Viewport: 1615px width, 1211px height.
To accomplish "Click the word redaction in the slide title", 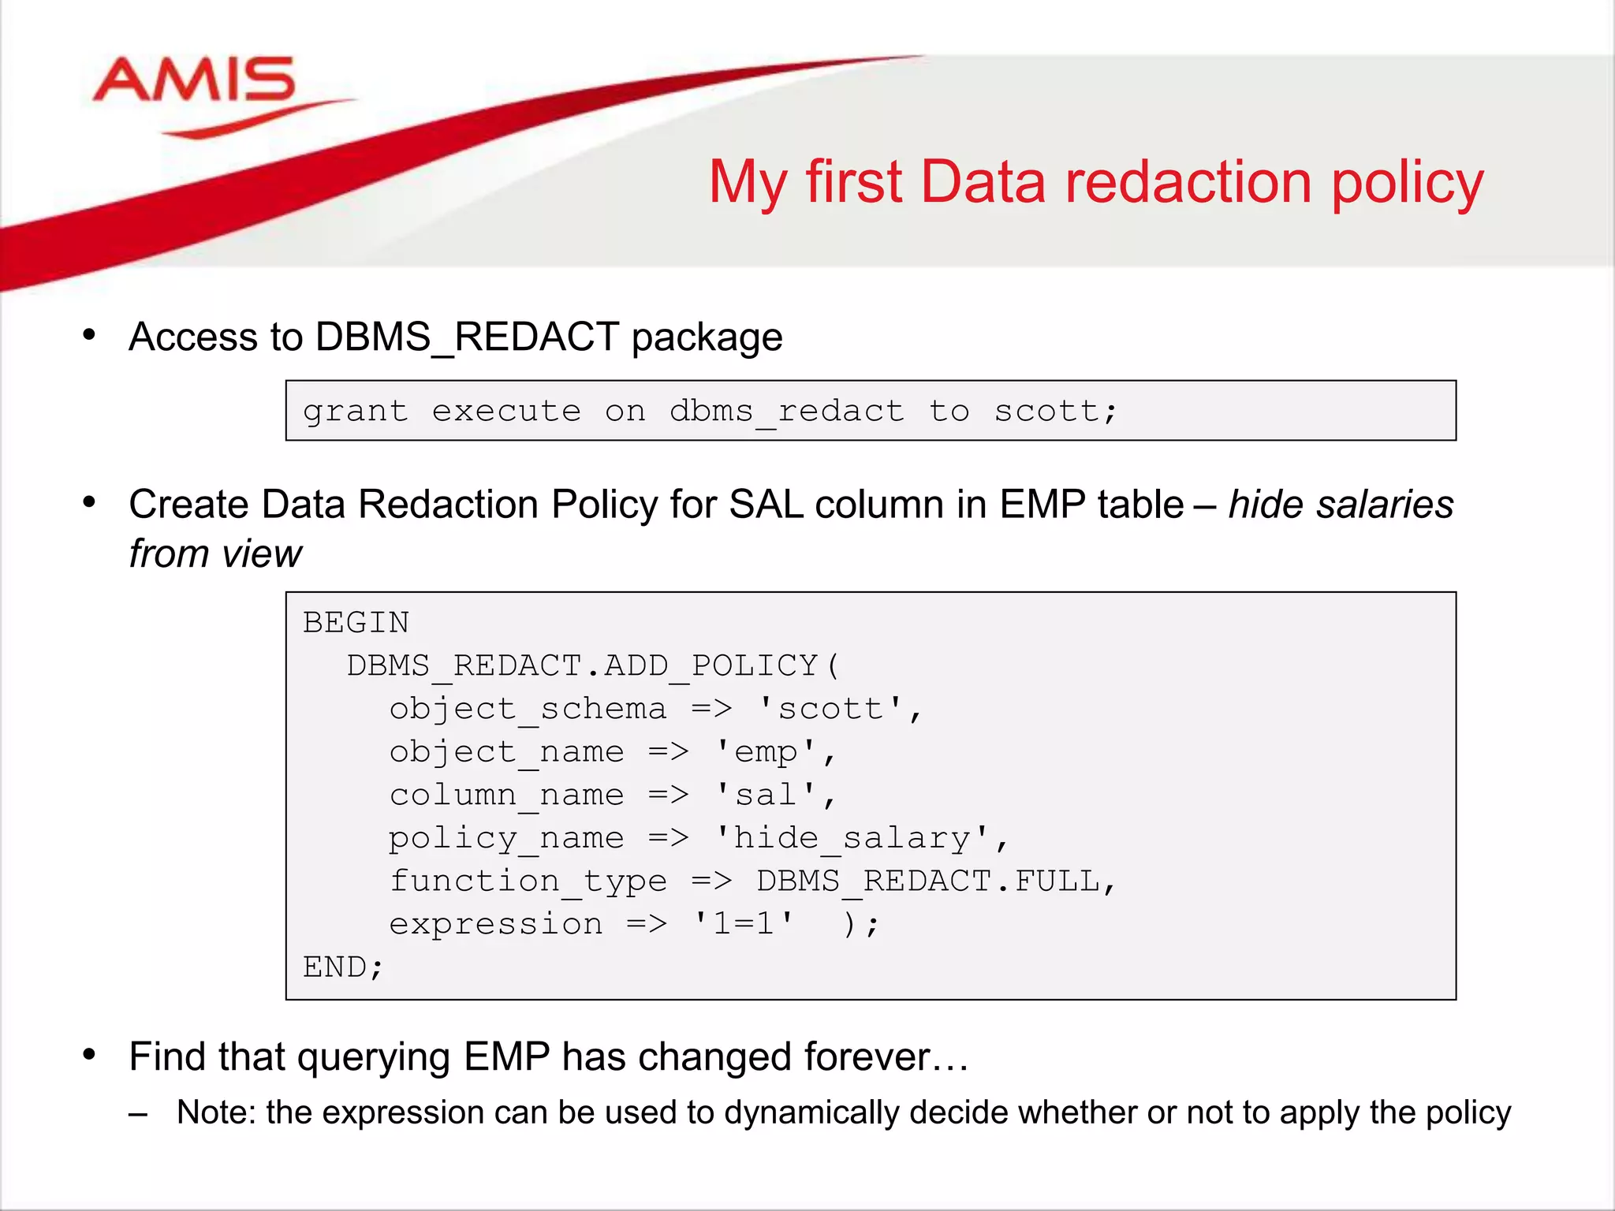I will pyautogui.click(x=1188, y=182).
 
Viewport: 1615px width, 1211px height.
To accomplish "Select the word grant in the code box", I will pyautogui.click(x=356, y=412).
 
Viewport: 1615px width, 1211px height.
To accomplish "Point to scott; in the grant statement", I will pyautogui.click(x=1056, y=412).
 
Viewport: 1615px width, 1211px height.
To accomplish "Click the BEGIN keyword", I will pyautogui.click(x=356, y=623).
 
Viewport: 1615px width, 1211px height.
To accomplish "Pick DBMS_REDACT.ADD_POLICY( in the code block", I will pyautogui.click(x=594, y=666).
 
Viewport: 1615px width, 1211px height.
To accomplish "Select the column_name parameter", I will pyautogui.click(x=506, y=795).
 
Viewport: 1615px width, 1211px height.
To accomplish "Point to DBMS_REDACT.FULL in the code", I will pyautogui.click(x=927, y=881).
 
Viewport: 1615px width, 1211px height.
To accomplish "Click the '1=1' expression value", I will pyautogui.click(x=743, y=924).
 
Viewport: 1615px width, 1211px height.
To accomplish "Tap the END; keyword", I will pyautogui.click(x=343, y=967).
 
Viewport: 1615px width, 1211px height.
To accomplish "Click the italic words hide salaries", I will pyautogui.click(x=1341, y=505).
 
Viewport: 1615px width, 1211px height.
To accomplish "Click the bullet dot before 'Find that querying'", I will pyautogui.click(x=89, y=1055).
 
